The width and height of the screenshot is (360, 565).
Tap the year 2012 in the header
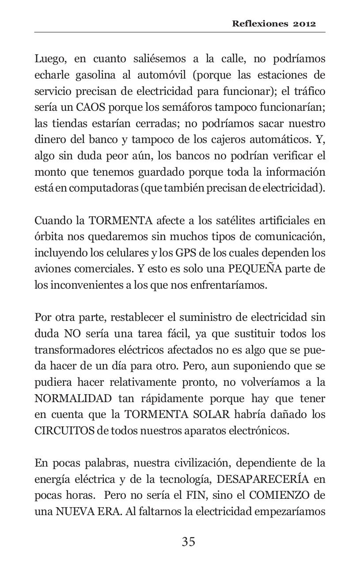click(x=304, y=24)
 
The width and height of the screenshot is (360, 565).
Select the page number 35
click(x=188, y=542)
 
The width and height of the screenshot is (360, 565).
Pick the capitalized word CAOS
click(x=91, y=108)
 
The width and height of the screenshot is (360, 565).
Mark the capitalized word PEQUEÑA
click(x=254, y=269)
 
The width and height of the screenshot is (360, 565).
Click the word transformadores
click(x=78, y=350)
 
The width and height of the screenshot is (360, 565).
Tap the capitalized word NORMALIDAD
click(x=73, y=399)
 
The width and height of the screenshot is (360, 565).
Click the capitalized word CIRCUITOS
click(x=64, y=431)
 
